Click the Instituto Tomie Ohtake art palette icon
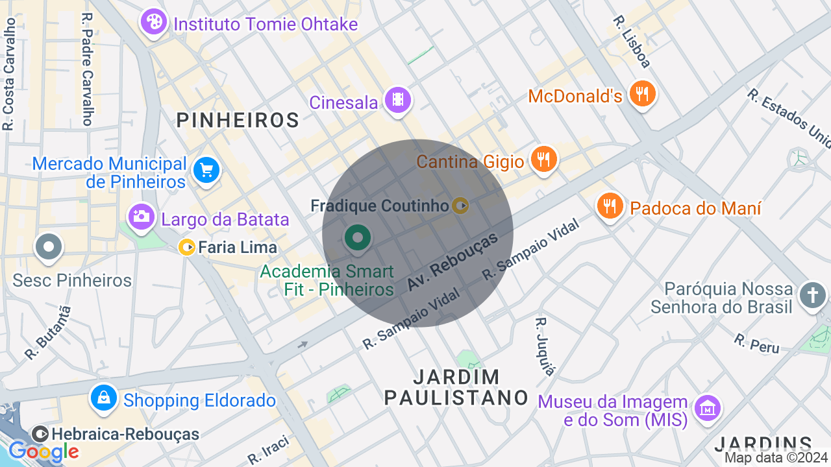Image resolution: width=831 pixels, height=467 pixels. pyautogui.click(x=153, y=23)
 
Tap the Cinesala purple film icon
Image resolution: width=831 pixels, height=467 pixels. pyautogui.click(x=397, y=100)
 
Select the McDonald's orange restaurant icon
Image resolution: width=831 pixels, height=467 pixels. pyautogui.click(x=642, y=94)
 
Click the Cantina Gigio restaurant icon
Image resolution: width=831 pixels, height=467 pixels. pyautogui.click(x=543, y=158)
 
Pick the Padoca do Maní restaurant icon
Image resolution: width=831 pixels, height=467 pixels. pyautogui.click(x=609, y=206)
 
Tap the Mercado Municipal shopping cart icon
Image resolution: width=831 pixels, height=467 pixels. pyautogui.click(x=206, y=171)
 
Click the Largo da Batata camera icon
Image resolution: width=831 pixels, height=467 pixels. pyautogui.click(x=141, y=216)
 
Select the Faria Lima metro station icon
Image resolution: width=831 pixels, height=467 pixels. pyautogui.click(x=187, y=247)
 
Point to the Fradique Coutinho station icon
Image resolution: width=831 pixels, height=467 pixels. pyautogui.click(x=460, y=206)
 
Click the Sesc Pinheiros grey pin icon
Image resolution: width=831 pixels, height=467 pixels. pyautogui.click(x=49, y=247)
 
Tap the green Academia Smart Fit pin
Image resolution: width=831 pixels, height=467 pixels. pyautogui.click(x=357, y=237)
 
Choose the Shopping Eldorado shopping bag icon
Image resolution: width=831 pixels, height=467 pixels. pyautogui.click(x=103, y=398)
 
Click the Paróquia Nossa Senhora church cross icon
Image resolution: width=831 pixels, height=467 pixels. pyautogui.click(x=812, y=295)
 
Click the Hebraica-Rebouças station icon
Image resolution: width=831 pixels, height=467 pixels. pyautogui.click(x=40, y=434)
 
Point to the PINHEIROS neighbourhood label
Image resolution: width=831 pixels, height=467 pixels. pyautogui.click(x=238, y=120)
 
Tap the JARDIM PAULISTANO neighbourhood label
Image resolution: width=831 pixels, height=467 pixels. pyautogui.click(x=456, y=387)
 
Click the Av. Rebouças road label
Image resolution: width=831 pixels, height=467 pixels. pyautogui.click(x=453, y=262)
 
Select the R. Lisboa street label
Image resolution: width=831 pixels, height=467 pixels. pyautogui.click(x=631, y=42)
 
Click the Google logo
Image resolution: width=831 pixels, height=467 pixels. pyautogui.click(x=43, y=451)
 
